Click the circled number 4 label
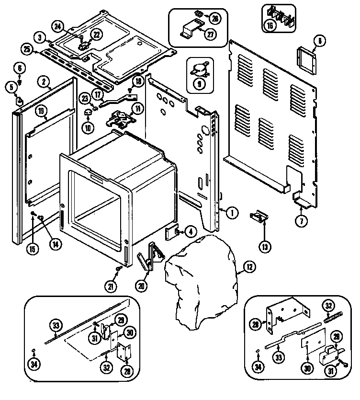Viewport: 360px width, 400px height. (190, 232)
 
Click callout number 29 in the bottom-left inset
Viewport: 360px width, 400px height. (121, 320)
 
